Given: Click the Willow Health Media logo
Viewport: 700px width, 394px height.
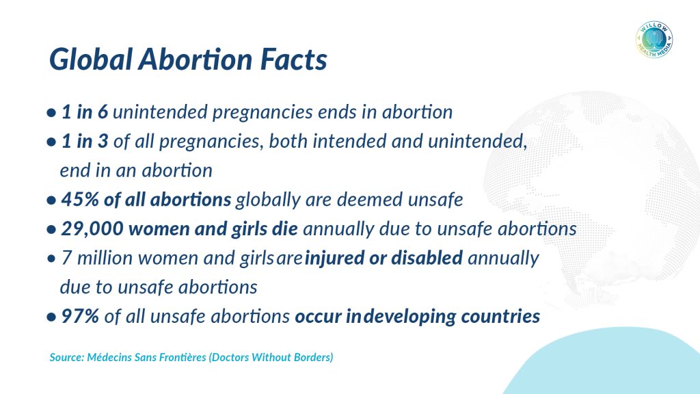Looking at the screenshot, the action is (x=654, y=40).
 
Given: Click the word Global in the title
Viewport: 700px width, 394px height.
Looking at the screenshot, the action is (x=91, y=59).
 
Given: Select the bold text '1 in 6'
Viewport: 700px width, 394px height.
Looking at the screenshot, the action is (x=84, y=111).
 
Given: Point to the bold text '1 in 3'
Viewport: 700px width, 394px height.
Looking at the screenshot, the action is (x=84, y=141).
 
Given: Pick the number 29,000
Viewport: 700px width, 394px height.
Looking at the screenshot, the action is (x=92, y=228).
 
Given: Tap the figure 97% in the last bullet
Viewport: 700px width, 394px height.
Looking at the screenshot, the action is (x=80, y=316).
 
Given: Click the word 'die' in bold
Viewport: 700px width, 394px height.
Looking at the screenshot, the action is (x=284, y=228).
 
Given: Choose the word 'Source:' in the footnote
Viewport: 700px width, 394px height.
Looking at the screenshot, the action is (x=66, y=357).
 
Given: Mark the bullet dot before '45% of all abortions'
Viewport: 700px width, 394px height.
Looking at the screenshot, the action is (x=51, y=200).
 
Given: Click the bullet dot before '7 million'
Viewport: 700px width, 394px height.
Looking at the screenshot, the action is (x=51, y=259).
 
